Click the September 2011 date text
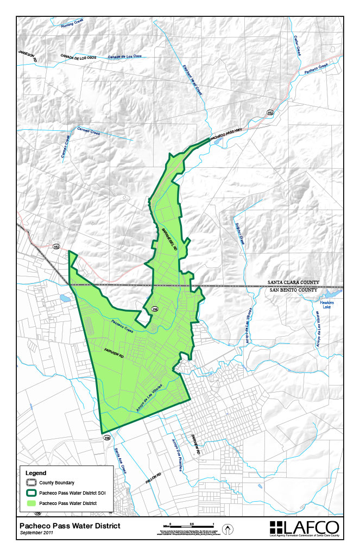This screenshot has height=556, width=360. point(38,533)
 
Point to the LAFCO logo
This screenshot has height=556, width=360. point(305,528)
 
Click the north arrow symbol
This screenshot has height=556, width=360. point(228,528)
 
